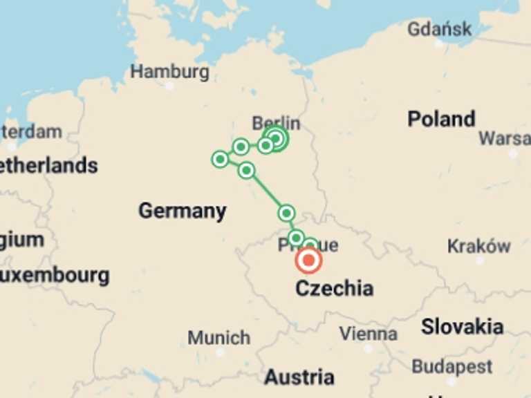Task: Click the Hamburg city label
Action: [169, 71]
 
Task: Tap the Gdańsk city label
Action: [439, 29]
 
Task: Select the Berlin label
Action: [276, 122]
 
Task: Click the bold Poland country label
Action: [441, 119]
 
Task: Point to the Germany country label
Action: [182, 211]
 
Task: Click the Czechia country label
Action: [334, 288]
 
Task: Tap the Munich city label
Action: [218, 338]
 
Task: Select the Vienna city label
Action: [368, 334]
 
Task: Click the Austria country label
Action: [299, 377]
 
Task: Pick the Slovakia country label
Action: [462, 326]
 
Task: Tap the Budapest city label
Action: [452, 366]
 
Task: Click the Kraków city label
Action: [478, 246]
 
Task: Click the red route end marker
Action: [308, 260]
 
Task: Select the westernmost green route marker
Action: [220, 160]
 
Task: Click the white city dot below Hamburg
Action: [169, 86]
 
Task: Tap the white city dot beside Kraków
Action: [480, 260]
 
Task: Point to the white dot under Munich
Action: [220, 352]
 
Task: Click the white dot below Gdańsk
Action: [438, 43]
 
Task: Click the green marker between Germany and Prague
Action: [286, 213]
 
